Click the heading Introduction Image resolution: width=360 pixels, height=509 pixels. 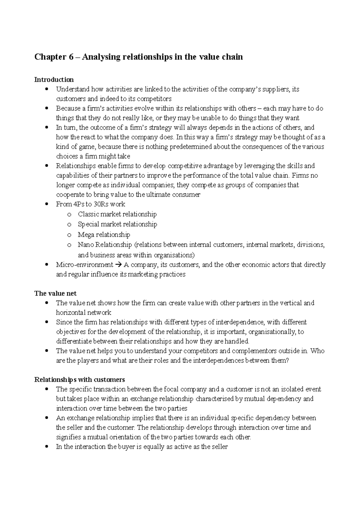[54, 80]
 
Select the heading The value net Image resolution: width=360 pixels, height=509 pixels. [55, 293]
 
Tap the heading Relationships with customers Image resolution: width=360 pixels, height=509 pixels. [79, 380]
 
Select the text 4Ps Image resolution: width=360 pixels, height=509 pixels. [76, 204]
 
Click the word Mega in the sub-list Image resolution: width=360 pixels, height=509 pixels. [86, 235]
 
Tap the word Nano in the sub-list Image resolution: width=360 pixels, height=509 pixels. [86, 245]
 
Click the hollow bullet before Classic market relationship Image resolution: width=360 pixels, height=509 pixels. [69, 215]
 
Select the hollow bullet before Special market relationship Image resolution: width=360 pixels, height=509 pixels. [69, 225]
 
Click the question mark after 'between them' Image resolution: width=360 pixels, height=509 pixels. [287, 361]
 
